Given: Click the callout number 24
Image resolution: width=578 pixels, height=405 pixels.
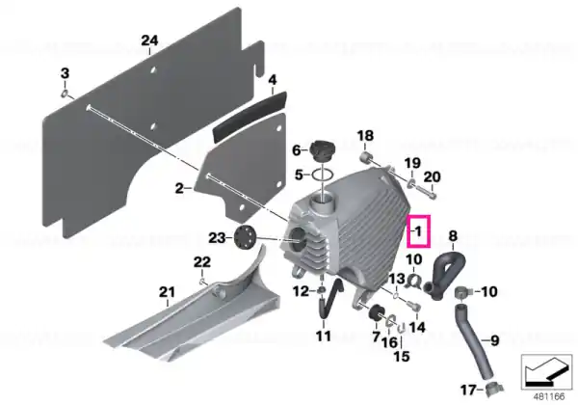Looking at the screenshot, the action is pyautogui.click(x=149, y=40).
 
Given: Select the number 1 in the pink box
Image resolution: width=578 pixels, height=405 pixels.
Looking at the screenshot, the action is pyautogui.click(x=418, y=231).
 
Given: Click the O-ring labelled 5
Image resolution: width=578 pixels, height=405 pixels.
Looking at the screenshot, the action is pyautogui.click(x=324, y=175).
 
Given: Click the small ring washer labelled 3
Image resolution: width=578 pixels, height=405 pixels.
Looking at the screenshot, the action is pyautogui.click(x=65, y=94).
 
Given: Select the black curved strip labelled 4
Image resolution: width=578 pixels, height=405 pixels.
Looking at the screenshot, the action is pyautogui.click(x=250, y=116).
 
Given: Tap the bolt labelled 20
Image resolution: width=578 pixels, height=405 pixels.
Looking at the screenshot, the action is pyautogui.click(x=426, y=191).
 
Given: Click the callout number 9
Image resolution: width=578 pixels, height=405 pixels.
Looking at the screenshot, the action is pyautogui.click(x=494, y=340).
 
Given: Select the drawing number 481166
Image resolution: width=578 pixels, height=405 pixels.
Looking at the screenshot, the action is pyautogui.click(x=550, y=396).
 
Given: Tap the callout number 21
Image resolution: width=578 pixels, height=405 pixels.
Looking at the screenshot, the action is pyautogui.click(x=167, y=292).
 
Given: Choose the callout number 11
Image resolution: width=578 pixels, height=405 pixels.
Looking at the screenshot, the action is pyautogui.click(x=324, y=336).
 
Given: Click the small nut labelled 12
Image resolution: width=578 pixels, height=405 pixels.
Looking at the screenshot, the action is pyautogui.click(x=322, y=291).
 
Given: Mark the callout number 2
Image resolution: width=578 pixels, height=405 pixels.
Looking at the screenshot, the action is pyautogui.click(x=179, y=189).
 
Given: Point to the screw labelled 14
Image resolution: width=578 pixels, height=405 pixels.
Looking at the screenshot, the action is pyautogui.click(x=414, y=306).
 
